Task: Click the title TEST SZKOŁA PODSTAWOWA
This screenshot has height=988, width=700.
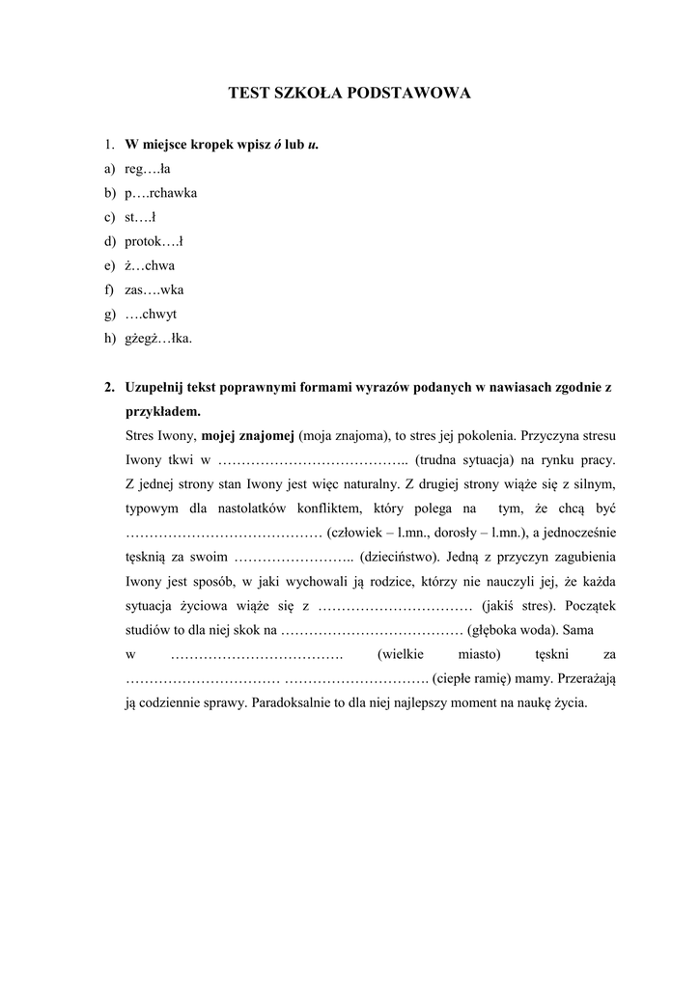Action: tap(350, 94)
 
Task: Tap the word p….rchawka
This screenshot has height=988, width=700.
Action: tap(161, 193)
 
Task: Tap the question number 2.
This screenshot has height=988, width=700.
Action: tap(110, 387)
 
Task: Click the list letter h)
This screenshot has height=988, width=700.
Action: tap(111, 338)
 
